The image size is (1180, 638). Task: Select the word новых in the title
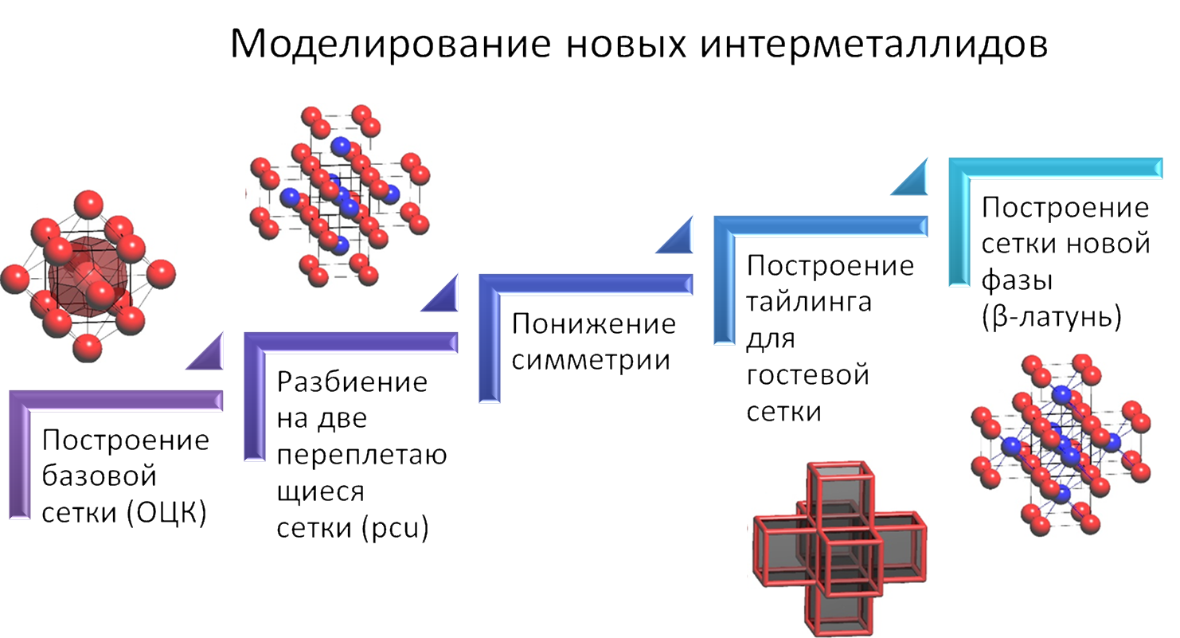[623, 45]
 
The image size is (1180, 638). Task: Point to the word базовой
[100, 477]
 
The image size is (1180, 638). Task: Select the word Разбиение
[352, 382]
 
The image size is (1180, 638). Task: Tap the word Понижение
[593, 324]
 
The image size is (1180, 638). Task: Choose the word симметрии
[590, 361]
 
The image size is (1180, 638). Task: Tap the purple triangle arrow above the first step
[205, 354]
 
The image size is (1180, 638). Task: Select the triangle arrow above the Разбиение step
[440, 294]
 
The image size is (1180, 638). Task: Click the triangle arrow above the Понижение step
[675, 237]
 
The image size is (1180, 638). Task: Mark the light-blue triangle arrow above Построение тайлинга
[910, 179]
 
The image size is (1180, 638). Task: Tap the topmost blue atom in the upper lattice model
[342, 145]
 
